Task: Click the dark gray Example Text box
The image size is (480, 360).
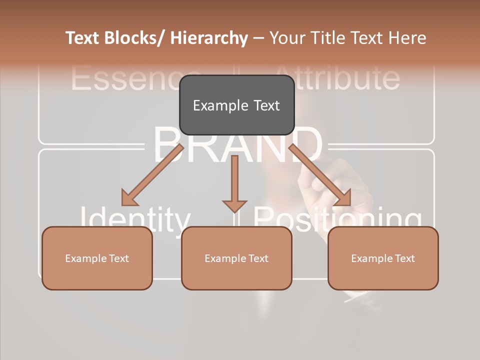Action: pos(236,105)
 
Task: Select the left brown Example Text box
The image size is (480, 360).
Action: pos(97,258)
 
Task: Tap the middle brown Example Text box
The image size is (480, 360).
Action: pos(236,258)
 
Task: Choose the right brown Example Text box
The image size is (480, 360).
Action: pos(383,258)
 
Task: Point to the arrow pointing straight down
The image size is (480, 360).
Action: pos(234,183)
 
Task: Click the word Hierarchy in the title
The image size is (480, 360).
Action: pos(209,38)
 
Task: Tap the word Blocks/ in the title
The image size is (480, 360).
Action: pos(135,38)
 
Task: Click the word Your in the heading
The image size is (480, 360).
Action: pos(287,38)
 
